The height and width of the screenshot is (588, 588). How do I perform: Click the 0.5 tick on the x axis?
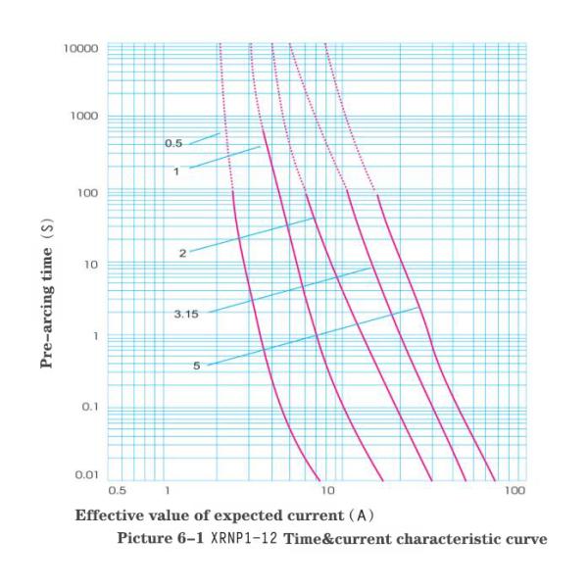117,488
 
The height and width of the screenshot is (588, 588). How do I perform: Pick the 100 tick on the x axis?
516,488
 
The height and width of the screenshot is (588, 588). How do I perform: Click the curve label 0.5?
173,143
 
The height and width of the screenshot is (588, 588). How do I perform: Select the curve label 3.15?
187,314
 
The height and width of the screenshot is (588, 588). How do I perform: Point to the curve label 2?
182,254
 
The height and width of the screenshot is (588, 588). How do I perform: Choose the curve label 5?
196,366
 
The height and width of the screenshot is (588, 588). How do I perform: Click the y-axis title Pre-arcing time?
46,295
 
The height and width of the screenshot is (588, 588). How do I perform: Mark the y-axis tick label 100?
87,193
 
